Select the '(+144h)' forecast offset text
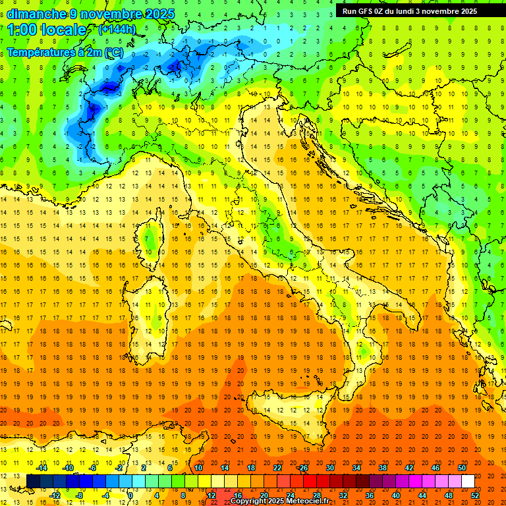tap(117, 29)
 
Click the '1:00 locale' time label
tap(47, 30)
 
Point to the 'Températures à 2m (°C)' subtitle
tap(64, 51)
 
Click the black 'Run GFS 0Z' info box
tap(414, 11)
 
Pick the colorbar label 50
tap(462, 468)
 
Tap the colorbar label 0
tap(130, 495)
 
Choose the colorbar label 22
tap(277, 468)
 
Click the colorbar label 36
tap(370, 495)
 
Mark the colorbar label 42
tap(409, 468)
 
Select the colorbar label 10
tap(198, 468)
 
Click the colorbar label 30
tap(329, 468)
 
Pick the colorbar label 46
tap(436, 468)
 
